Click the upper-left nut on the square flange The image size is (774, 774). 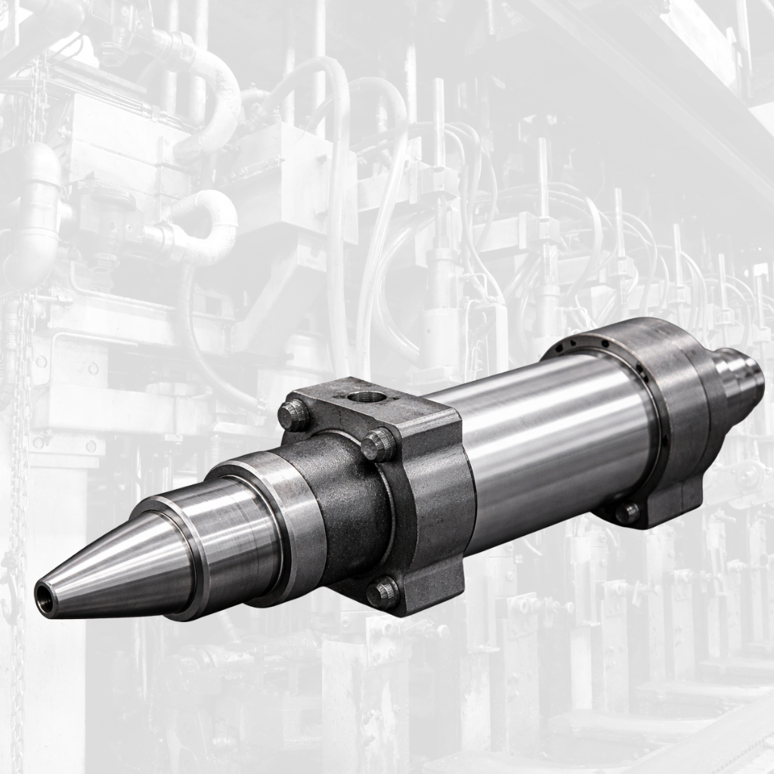(x=294, y=416)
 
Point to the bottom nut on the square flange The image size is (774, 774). (x=382, y=593)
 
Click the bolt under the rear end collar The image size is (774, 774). (x=627, y=513)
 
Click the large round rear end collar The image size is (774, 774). (x=673, y=393)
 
